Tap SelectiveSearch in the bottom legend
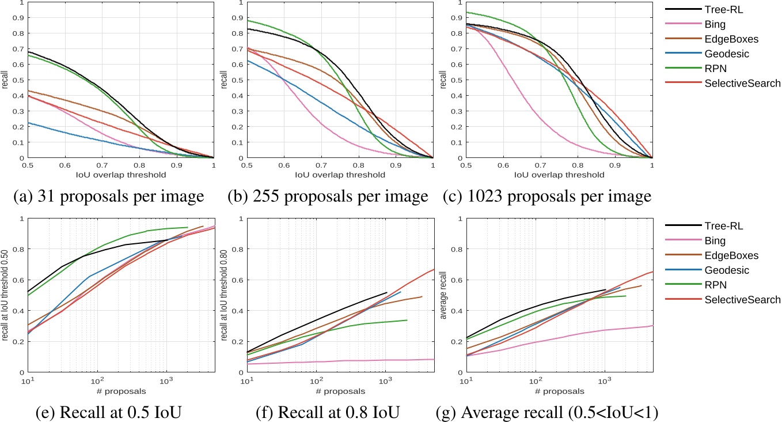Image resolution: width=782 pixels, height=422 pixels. pyautogui.click(x=742, y=299)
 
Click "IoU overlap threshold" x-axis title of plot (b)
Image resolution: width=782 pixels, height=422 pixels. pyautogui.click(x=340, y=175)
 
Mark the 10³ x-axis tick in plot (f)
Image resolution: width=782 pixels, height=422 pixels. pyautogui.click(x=386, y=381)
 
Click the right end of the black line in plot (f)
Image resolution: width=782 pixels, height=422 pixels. pyautogui.click(x=387, y=292)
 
